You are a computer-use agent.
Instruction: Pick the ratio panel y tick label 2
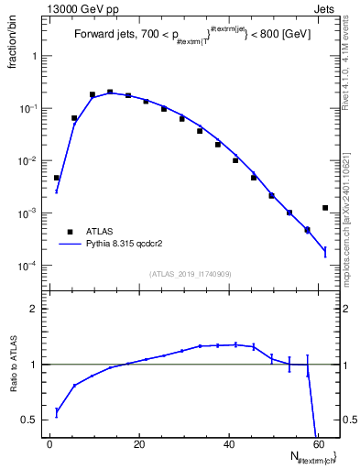[32, 309]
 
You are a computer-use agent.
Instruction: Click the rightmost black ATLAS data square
[325, 208]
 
